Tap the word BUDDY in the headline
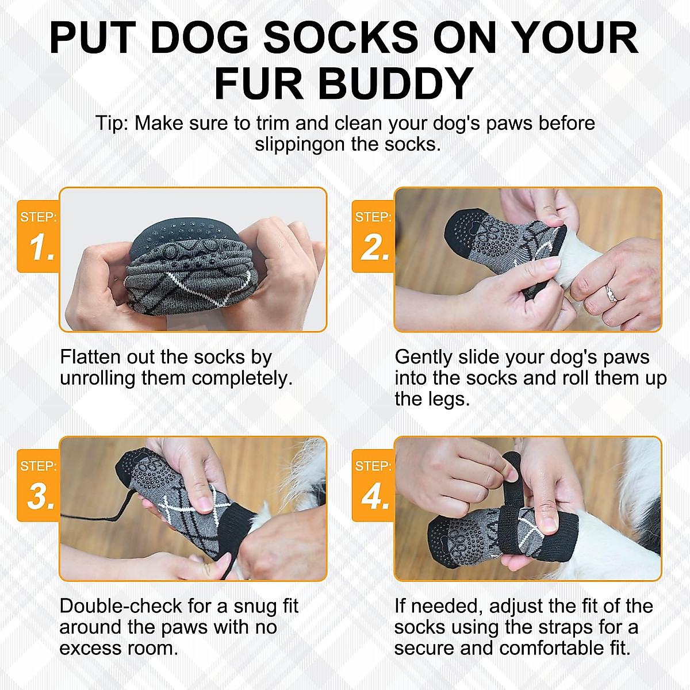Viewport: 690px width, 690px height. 395,84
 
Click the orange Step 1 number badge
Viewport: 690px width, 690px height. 39,236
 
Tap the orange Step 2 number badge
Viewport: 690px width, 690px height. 373,236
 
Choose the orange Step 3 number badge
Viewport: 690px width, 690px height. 39,485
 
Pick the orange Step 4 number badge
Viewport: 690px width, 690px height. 373,485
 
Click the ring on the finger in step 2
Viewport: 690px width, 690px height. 611,295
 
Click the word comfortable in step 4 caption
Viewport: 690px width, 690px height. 562,648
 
